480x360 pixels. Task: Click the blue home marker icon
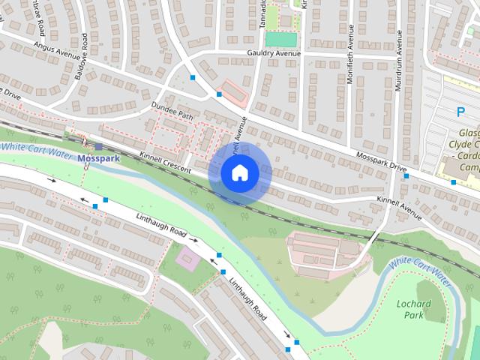coord(239,173)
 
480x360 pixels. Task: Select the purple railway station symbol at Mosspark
coord(98,146)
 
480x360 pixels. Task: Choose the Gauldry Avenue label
coord(274,54)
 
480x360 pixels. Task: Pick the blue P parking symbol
coord(461,112)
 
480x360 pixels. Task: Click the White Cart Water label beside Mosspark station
coord(34,146)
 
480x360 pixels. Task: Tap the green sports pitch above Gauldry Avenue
coord(281,38)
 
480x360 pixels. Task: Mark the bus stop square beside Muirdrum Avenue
coord(406,177)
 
